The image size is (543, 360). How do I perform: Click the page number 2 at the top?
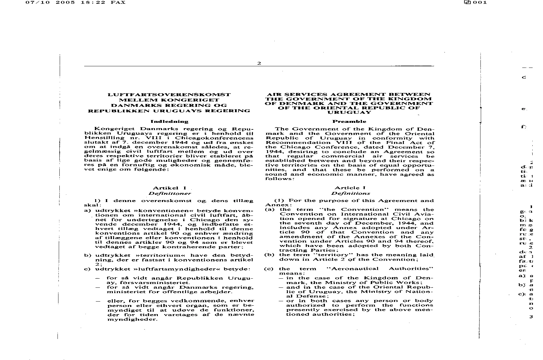[259, 63]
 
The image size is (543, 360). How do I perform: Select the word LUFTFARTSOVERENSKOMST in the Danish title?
[169, 95]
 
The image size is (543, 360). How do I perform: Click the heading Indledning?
[169, 121]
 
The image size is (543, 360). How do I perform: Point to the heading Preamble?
[349, 121]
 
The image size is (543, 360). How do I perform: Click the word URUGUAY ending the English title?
[349, 112]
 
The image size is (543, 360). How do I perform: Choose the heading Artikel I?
[169, 188]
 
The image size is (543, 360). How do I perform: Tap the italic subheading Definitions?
[350, 194]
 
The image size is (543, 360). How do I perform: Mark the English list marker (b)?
[269, 255]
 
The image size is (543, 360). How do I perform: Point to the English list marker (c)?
[269, 269]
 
